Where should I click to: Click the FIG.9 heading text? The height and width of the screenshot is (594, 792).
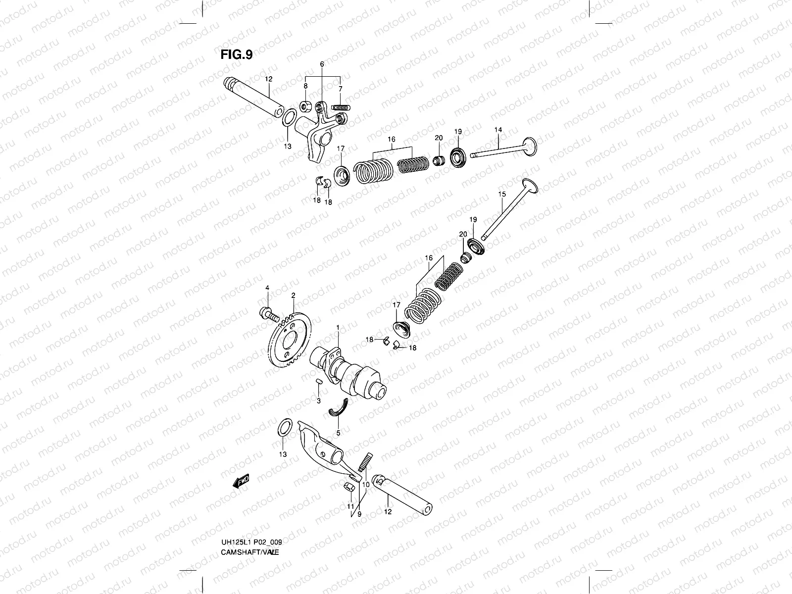click(237, 54)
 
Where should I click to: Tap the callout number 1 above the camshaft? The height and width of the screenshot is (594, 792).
click(338, 328)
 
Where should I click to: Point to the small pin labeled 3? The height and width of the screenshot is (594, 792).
click(319, 381)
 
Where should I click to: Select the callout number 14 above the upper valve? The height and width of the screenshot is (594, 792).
click(498, 130)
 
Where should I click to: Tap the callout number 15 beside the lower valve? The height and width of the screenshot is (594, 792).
click(502, 195)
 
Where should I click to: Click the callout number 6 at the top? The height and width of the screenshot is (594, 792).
click(322, 64)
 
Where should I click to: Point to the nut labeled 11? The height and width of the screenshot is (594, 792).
click(348, 488)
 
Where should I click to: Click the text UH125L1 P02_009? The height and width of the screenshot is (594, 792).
click(252, 542)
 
